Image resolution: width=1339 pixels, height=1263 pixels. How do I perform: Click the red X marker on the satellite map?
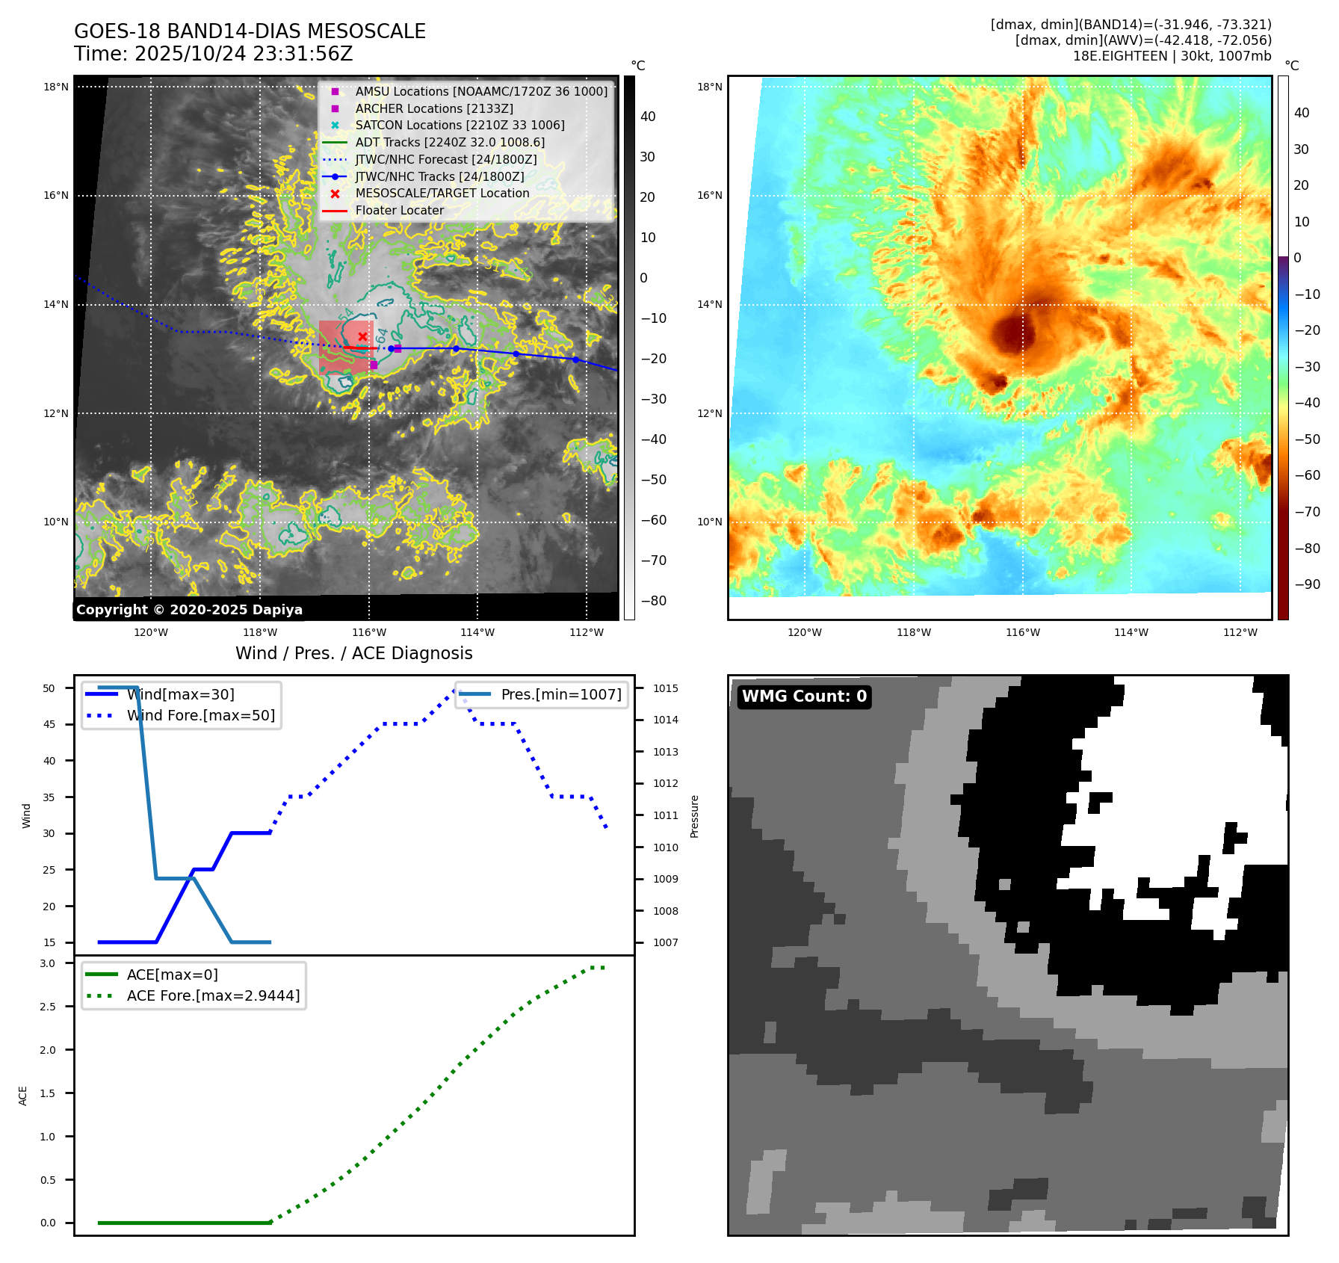(362, 336)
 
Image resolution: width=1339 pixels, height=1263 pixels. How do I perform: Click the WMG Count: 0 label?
(804, 697)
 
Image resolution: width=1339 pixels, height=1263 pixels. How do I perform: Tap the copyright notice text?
(189, 610)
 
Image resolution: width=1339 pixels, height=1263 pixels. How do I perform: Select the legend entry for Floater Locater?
(399, 211)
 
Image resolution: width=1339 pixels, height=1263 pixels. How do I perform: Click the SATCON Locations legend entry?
(460, 126)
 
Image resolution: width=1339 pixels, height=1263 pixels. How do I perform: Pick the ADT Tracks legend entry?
(450, 143)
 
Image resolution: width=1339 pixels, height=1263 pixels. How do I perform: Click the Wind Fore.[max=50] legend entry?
(200, 716)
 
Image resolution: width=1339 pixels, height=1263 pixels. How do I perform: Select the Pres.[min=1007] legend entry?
(560, 695)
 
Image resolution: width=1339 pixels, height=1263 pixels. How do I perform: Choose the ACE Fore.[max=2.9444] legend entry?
(213, 996)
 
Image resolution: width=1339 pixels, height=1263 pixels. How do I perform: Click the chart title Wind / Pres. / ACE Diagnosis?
(353, 654)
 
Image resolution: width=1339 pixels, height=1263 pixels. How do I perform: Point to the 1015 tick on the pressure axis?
(665, 688)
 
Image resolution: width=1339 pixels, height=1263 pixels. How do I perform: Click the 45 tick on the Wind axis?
(49, 724)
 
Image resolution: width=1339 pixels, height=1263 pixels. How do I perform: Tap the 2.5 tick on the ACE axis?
(48, 1007)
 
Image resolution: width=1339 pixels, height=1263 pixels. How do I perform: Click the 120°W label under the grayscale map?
(151, 633)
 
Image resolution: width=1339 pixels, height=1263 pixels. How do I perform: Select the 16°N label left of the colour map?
(709, 196)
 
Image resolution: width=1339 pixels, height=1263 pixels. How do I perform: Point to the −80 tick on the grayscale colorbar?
(654, 601)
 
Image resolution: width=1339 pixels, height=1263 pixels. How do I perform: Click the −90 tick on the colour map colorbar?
(1307, 584)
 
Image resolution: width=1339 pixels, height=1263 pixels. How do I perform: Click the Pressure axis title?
(694, 816)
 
